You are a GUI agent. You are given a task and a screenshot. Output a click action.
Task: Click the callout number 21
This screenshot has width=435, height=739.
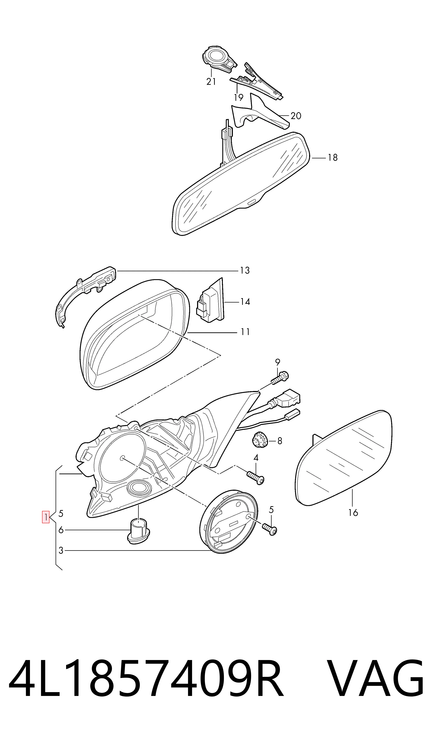(x=211, y=82)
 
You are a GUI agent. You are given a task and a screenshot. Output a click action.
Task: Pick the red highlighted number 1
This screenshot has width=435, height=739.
(x=46, y=517)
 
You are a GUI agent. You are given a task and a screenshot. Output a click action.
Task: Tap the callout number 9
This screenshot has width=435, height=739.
(x=278, y=362)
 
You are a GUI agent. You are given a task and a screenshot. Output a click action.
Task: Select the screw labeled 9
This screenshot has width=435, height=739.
(x=280, y=377)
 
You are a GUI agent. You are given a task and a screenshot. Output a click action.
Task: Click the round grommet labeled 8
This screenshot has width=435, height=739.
(x=260, y=440)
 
